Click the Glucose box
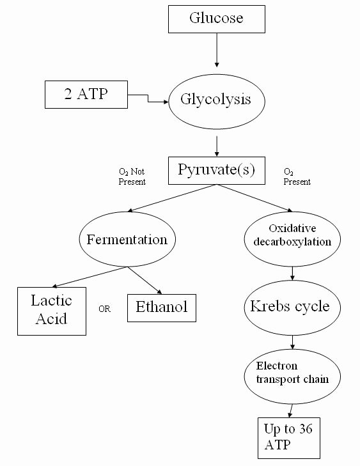point(216,19)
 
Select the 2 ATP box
point(86,95)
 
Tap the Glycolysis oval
point(216,102)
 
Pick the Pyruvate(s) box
point(216,171)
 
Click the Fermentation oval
point(127,239)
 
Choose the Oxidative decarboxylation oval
point(292,239)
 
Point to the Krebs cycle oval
point(292,307)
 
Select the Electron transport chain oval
point(292,377)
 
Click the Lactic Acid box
point(52,311)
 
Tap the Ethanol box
point(162,308)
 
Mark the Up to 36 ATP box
point(288,438)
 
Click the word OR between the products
point(105,309)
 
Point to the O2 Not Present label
point(132,176)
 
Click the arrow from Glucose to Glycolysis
point(217,50)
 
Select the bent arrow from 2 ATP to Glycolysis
point(148,98)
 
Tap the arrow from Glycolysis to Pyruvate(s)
point(217,146)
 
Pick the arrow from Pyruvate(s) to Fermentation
point(172,198)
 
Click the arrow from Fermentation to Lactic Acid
point(90,277)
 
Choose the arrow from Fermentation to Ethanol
point(145,281)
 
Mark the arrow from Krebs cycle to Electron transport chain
point(292,342)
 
